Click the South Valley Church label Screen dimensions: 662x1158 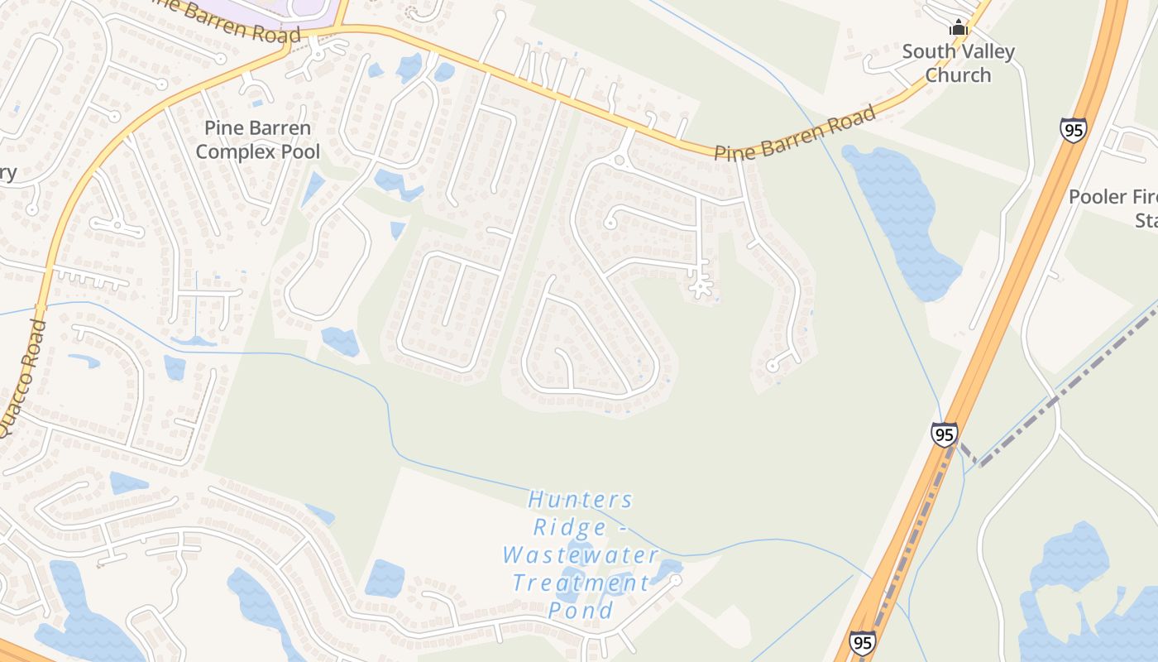[958, 63]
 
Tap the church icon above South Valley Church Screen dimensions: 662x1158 [959, 28]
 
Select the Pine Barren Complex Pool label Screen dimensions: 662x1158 [257, 140]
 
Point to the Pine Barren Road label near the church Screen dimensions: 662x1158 [794, 134]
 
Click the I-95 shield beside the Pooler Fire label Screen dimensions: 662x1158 [1073, 130]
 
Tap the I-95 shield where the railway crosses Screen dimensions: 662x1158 [944, 434]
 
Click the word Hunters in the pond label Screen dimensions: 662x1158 [581, 500]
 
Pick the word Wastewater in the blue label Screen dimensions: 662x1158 [581, 555]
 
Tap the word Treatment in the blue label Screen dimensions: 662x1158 [581, 583]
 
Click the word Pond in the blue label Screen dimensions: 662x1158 [581, 611]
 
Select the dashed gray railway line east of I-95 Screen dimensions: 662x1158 [1067, 389]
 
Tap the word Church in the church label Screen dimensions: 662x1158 [958, 74]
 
